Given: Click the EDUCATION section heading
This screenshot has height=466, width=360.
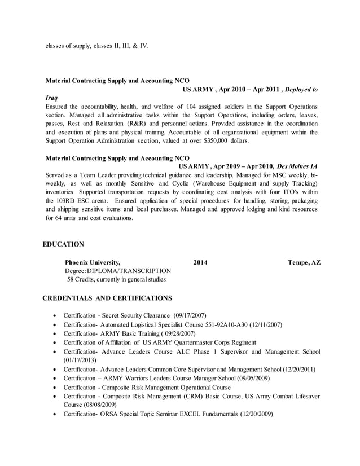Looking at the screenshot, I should [x=63, y=244].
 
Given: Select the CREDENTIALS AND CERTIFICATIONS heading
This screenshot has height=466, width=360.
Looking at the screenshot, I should [x=107, y=297].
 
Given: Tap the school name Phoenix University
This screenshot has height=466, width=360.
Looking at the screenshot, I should [x=93, y=262].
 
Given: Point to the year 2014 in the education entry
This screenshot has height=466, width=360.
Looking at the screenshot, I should [x=200, y=262].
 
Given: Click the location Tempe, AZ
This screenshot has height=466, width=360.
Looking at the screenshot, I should [x=304, y=262].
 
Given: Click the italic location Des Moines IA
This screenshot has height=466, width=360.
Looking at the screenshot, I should [x=297, y=166].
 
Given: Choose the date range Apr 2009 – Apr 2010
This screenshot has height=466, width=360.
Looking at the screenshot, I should [x=242, y=166].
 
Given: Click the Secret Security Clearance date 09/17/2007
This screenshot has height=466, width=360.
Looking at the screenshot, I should [x=189, y=315].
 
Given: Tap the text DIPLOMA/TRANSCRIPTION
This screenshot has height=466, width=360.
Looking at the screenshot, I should [x=129, y=271].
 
